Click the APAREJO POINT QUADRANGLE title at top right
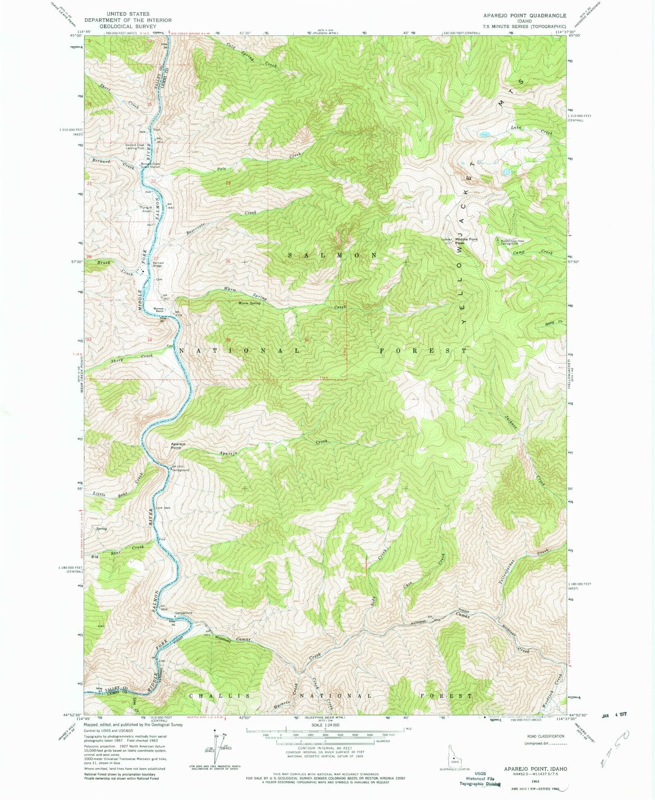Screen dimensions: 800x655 tap(518, 15)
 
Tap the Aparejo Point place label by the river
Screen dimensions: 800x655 tap(176, 446)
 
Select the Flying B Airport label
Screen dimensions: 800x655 tap(146, 209)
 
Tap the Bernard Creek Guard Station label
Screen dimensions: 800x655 tap(150, 165)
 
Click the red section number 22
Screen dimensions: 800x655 tap(154, 181)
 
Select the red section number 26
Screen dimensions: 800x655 tap(228, 261)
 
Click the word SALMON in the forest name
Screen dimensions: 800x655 tap(333, 255)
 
